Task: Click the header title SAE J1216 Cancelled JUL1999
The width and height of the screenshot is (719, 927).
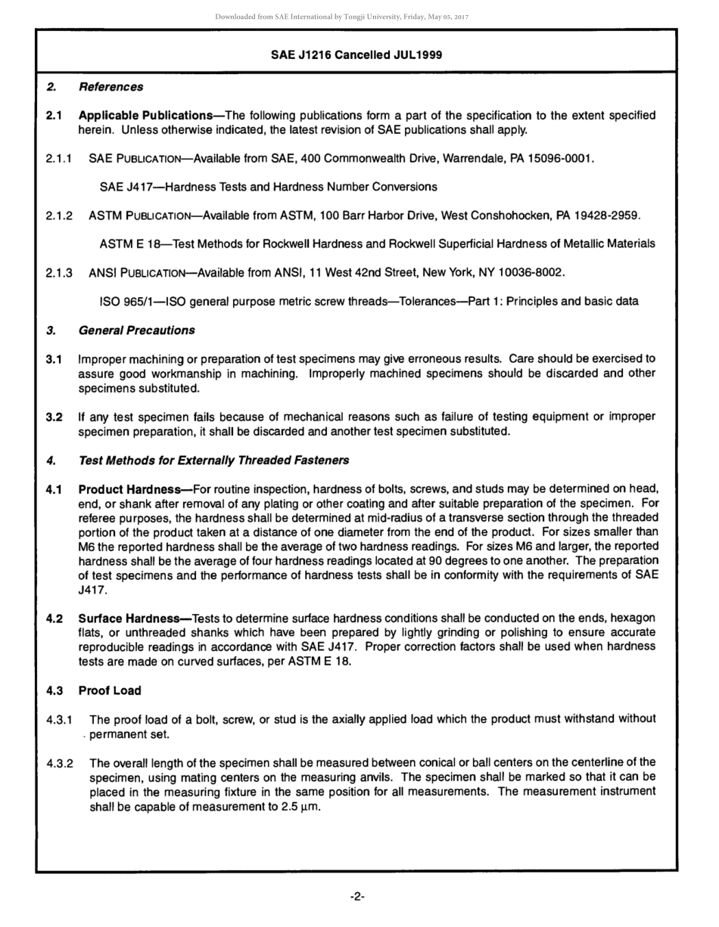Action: (x=356, y=55)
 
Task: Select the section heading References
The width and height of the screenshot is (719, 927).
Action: (x=110, y=87)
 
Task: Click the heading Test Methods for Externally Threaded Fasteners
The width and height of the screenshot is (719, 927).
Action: (x=213, y=460)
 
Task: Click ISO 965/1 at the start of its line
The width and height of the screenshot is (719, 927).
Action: (x=129, y=302)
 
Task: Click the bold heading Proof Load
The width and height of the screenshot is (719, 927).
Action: (x=110, y=690)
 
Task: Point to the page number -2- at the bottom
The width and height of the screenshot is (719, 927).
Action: (x=357, y=897)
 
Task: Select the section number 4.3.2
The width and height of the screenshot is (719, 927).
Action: (x=59, y=763)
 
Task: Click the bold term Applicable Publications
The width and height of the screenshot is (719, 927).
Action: (x=145, y=116)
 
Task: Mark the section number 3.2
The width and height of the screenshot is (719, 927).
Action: (x=54, y=417)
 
